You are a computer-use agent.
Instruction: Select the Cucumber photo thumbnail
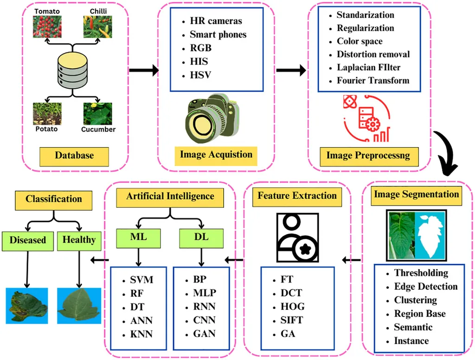coord(97,114)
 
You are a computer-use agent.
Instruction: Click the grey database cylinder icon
coord(72,70)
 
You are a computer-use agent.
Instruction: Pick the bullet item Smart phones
coord(218,34)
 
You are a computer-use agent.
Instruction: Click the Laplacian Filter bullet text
coord(368,67)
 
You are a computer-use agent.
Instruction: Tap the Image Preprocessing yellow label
coord(368,155)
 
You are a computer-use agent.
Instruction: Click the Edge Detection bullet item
coord(425,287)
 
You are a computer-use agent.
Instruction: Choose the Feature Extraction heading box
coord(297,195)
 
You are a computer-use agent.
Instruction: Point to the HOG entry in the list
coord(292,307)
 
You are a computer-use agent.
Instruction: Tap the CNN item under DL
coord(204,321)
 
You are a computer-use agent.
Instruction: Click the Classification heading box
coord(54,199)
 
